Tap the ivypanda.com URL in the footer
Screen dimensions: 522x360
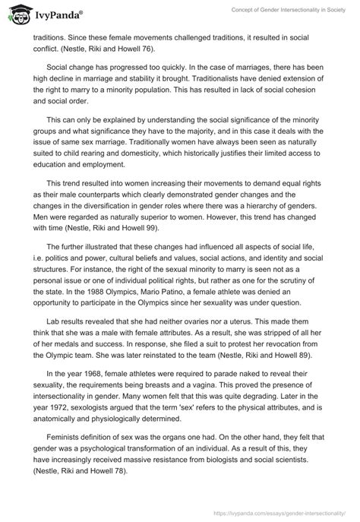[273, 513]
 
